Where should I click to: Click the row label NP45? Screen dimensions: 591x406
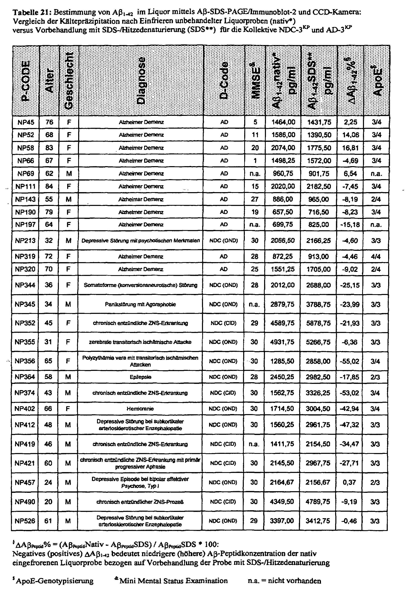tap(26, 122)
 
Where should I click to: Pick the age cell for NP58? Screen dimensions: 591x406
tap(49, 148)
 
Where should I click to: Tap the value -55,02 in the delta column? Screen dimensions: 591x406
tap(350, 361)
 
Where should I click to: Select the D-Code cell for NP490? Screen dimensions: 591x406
tap(223, 502)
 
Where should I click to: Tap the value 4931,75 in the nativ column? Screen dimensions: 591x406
tap(282, 342)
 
